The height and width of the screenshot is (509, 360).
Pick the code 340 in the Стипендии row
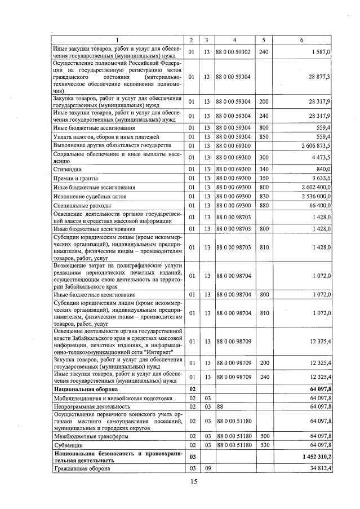point(263,168)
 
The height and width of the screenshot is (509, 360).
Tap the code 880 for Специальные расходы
point(263,205)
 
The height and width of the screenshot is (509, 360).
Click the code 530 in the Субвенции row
point(263,445)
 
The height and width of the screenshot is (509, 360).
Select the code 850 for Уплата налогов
point(263,136)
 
